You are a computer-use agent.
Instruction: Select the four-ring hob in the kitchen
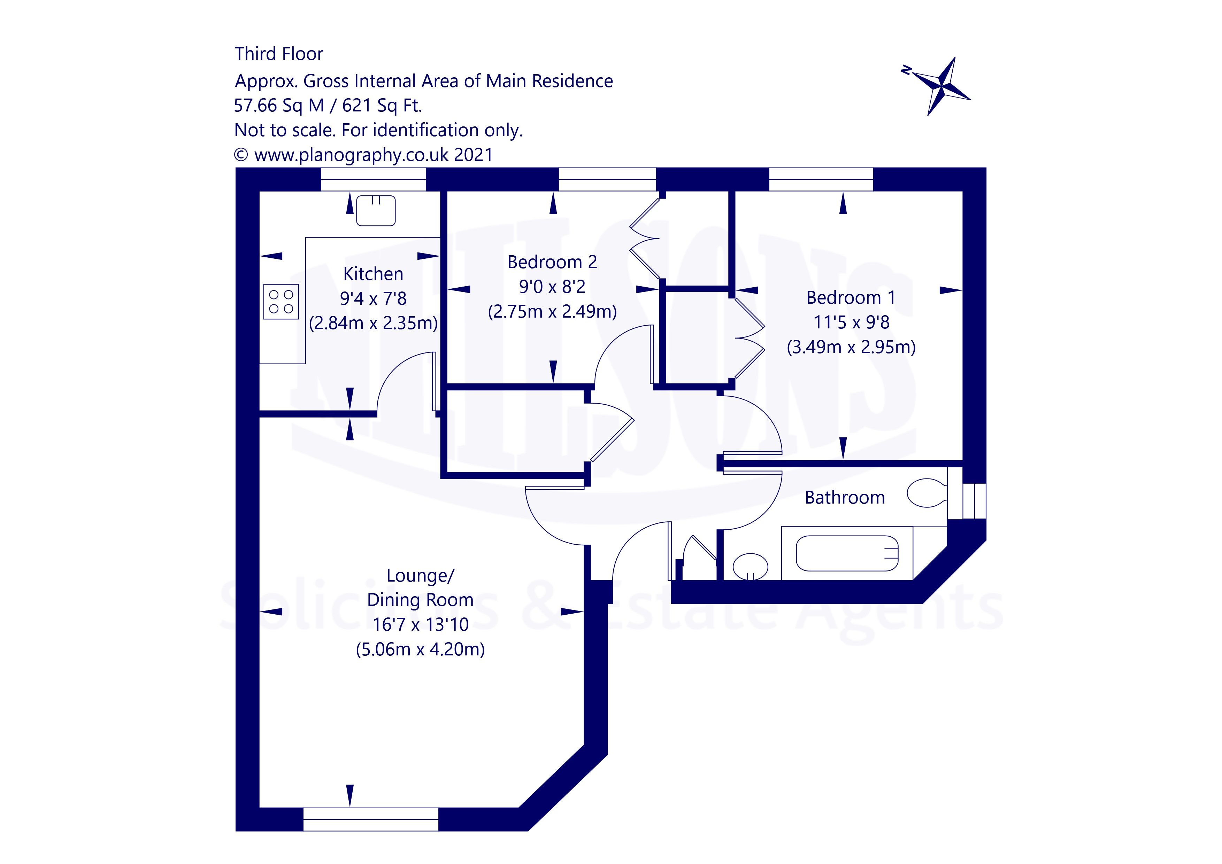281,302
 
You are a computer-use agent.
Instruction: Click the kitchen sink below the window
376,210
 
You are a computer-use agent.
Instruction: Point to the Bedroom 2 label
552,262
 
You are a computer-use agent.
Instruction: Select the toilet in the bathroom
926,493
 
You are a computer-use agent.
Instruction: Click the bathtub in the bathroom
847,553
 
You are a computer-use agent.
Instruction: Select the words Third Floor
279,54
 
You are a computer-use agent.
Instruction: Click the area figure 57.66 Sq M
279,105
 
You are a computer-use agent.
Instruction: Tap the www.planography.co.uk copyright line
363,155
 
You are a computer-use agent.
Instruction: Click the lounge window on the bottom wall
370,819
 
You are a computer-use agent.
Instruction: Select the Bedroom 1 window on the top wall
821,179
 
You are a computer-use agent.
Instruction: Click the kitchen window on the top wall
373,179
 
